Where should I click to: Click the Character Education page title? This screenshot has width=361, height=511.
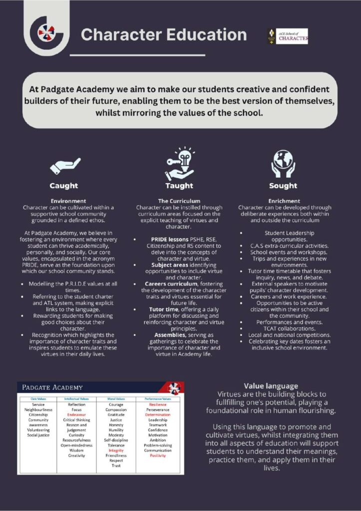tap(163, 35)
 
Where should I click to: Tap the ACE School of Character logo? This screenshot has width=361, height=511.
tap(288, 36)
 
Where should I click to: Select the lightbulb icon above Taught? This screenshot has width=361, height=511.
tap(180, 162)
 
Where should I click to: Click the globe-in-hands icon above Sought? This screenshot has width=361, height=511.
tap(283, 163)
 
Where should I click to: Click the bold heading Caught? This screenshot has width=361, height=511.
tap(64, 186)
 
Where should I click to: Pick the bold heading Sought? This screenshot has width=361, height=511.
tap(283, 186)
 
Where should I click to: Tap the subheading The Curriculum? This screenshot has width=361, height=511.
tap(179, 201)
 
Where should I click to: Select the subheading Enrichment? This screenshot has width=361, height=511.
tap(283, 201)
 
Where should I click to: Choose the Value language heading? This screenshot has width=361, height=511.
tap(272, 386)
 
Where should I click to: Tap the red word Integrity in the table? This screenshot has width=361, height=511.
tap(116, 450)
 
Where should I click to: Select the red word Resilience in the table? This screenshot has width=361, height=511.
tap(158, 405)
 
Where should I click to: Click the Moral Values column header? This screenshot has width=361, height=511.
tap(116, 399)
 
